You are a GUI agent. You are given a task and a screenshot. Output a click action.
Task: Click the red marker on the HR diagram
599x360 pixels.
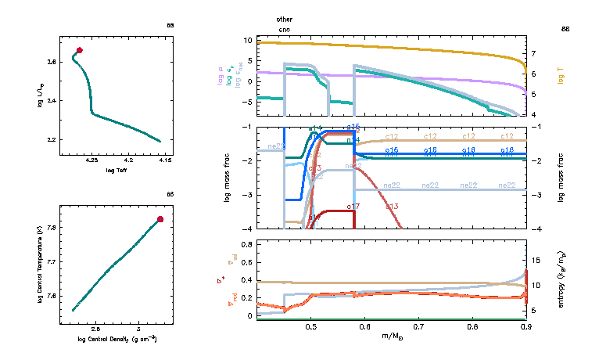coord(79,50)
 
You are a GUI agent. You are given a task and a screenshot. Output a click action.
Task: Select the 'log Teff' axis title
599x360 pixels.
coord(116,170)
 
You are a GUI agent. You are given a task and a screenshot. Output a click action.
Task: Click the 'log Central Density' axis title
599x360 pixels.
coord(117,339)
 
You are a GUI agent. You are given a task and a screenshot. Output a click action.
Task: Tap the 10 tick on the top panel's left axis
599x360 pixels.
coord(246,40)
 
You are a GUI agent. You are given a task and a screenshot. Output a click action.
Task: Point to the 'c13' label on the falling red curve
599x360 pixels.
coord(392,206)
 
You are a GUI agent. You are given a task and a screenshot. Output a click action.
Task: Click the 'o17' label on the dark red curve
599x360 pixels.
coord(353,207)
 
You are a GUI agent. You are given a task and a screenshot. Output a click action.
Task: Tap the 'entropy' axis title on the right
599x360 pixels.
coord(561,278)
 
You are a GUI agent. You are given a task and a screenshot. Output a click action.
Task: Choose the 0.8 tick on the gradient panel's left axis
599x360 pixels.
coord(246,245)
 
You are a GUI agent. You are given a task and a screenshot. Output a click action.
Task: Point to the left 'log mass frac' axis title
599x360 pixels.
coord(228,178)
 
